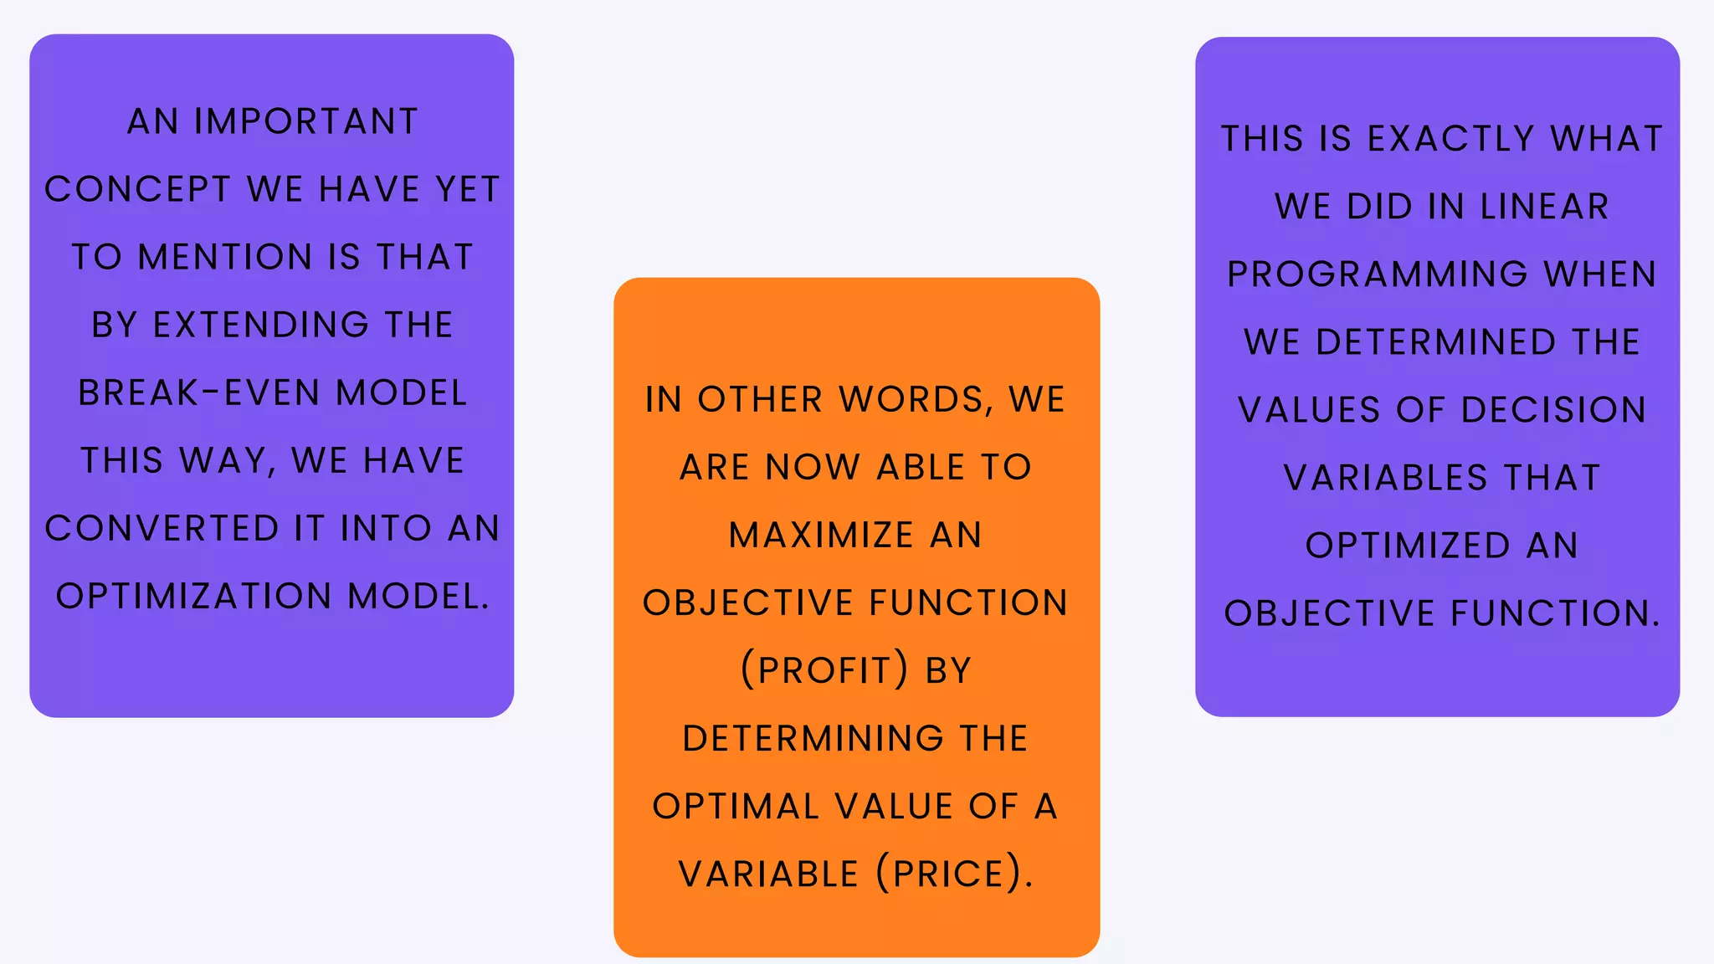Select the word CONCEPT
pyautogui.click(x=137, y=189)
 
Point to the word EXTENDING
pyautogui.click(x=260, y=325)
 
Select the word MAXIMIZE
pyautogui.click(x=821, y=535)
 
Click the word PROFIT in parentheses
pyautogui.click(x=824, y=670)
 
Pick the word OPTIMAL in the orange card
pyautogui.click(x=736, y=806)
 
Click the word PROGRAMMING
pyautogui.click(x=1378, y=274)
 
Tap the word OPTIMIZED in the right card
pyautogui.click(x=1407, y=546)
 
